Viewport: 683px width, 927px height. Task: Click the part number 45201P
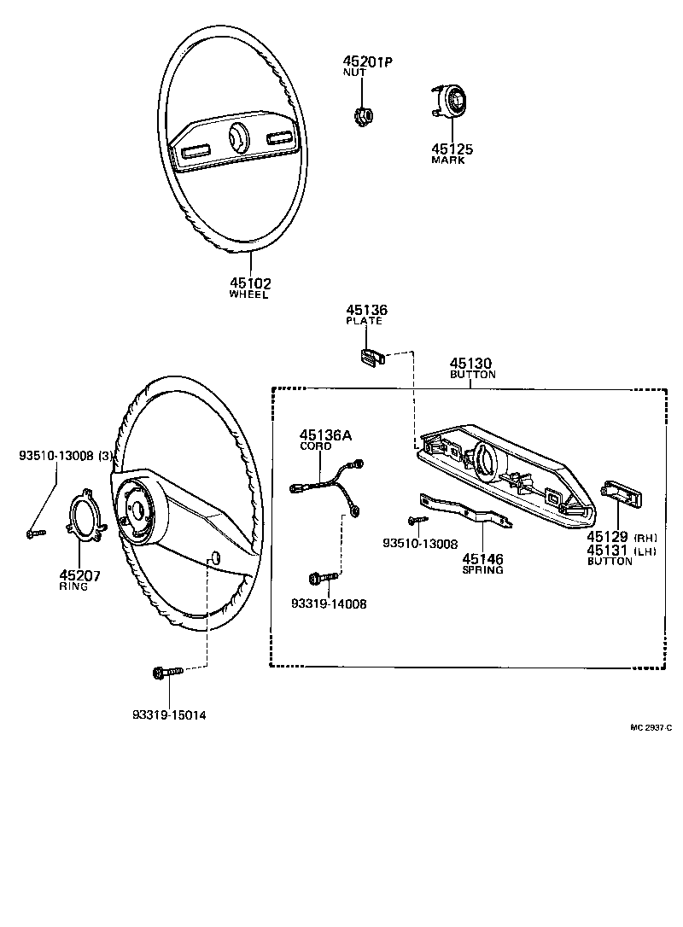pyautogui.click(x=366, y=61)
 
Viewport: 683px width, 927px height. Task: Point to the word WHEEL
pyautogui.click(x=248, y=294)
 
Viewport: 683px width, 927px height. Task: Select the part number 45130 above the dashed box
pyautogui.click(x=472, y=362)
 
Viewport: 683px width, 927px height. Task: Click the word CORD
pyautogui.click(x=315, y=446)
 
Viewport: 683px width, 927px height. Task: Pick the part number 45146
pyautogui.click(x=482, y=560)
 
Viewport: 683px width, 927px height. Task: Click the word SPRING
pyautogui.click(x=482, y=571)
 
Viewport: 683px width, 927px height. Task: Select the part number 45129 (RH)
pyautogui.click(x=607, y=537)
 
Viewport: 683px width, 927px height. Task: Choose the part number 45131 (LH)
pyautogui.click(x=607, y=551)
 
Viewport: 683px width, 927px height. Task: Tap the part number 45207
pyautogui.click(x=80, y=575)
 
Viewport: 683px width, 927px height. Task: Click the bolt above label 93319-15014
pyautogui.click(x=166, y=673)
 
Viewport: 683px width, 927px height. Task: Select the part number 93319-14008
pyautogui.click(x=328, y=603)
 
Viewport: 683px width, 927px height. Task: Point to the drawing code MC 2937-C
pyautogui.click(x=651, y=727)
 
